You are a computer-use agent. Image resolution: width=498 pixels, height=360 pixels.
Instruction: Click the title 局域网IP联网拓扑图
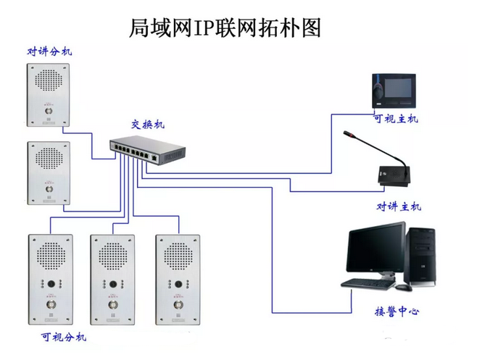tap(224, 28)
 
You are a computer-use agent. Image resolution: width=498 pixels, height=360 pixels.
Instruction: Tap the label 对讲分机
tap(49, 52)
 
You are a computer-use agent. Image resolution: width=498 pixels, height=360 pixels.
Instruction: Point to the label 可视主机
tap(395, 119)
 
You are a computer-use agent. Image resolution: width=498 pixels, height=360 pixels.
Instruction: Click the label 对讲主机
tap(398, 206)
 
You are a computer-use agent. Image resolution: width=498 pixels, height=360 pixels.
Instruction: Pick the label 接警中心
tap(396, 312)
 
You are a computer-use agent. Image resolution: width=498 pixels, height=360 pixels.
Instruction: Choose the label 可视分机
tap(64, 337)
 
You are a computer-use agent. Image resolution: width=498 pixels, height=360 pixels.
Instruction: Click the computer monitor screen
tap(375, 250)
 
